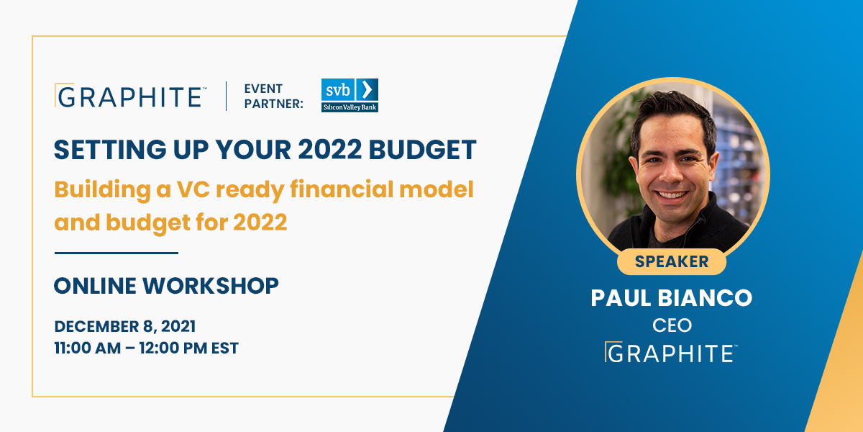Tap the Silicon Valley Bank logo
click(350, 95)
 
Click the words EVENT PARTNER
click(273, 96)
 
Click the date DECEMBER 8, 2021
click(124, 325)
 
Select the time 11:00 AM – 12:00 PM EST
click(146, 348)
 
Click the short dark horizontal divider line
click(116, 253)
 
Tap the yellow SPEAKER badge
click(671, 261)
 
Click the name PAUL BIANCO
click(671, 298)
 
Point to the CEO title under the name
click(672, 325)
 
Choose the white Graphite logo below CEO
click(671, 352)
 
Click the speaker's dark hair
click(669, 115)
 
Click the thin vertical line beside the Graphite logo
click(227, 96)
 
